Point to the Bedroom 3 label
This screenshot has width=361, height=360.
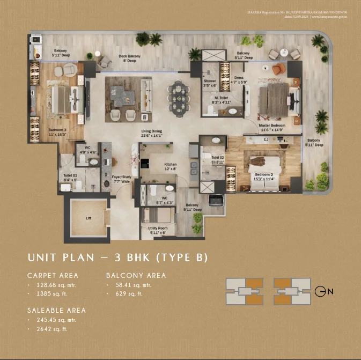pos(57,133)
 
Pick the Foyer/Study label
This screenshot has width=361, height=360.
pos(121,177)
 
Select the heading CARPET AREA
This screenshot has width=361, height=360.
pos(53,275)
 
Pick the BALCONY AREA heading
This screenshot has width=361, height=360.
pos(136,275)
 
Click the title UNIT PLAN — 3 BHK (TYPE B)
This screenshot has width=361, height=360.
pos(117,258)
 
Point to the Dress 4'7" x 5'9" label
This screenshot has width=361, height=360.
pos(239,79)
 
